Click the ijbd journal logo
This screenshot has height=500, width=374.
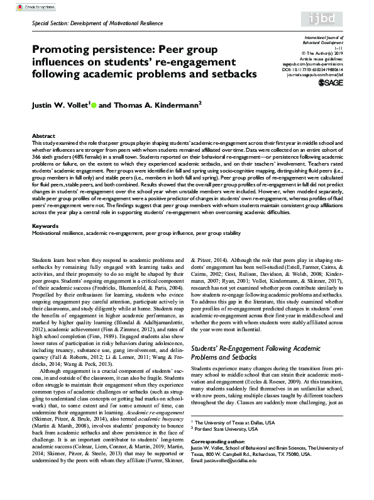pos(345,19)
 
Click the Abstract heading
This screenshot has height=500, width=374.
pos(43,136)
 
